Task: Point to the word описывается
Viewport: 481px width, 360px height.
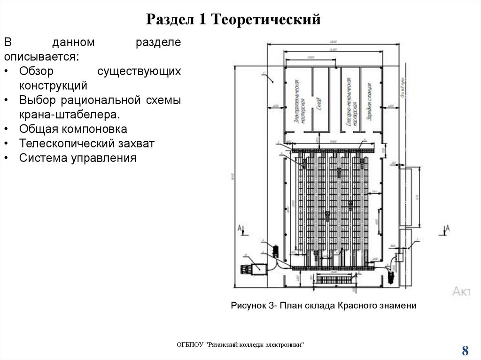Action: [41, 57]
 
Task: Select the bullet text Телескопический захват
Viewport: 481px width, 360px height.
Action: [87, 143]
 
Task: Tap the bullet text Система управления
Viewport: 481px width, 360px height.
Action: [78, 158]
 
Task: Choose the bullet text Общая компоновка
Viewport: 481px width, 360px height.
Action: [73, 129]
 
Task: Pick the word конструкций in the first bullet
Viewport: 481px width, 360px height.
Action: [54, 85]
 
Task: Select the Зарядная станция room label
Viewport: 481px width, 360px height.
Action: [371, 100]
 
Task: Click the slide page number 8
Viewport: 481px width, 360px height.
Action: [465, 350]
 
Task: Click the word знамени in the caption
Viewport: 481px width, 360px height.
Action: [399, 306]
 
